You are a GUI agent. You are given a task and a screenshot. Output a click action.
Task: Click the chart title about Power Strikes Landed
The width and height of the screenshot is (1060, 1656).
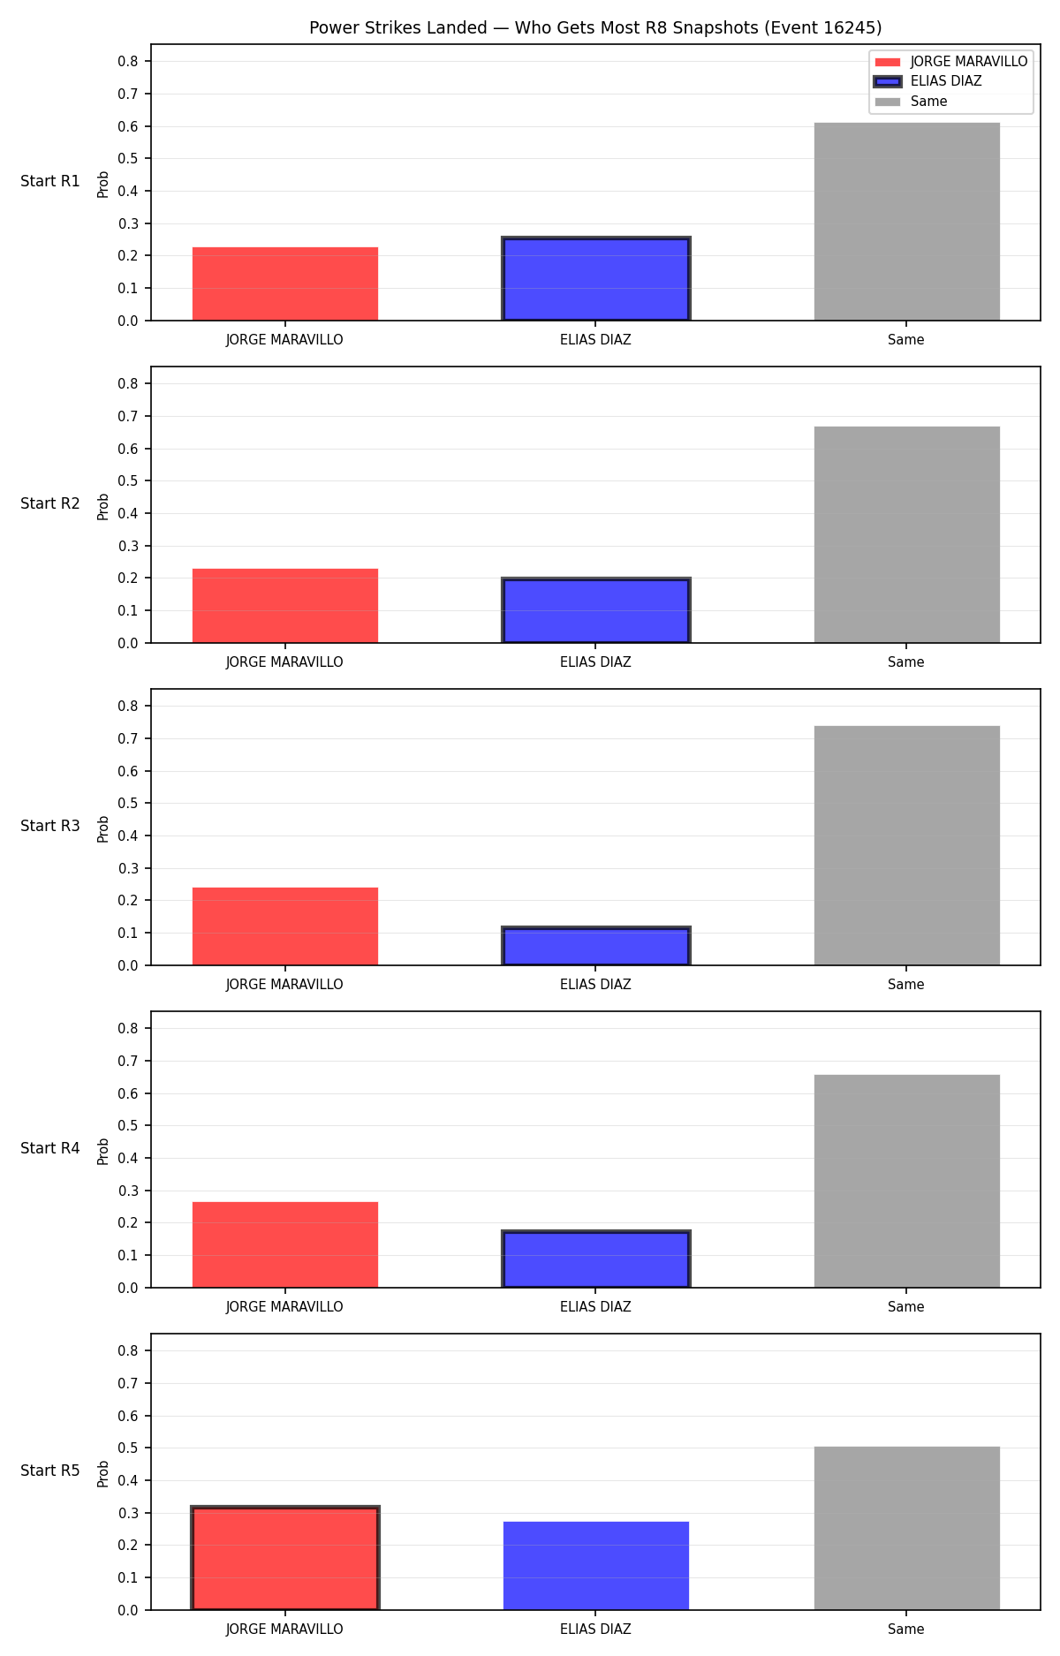595,27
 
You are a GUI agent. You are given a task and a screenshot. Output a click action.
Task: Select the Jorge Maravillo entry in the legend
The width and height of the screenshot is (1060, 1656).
950,62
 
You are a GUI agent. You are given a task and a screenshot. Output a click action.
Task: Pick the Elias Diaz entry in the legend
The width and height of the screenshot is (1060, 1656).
927,81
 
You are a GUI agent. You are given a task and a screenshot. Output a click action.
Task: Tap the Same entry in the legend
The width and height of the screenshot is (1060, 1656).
911,102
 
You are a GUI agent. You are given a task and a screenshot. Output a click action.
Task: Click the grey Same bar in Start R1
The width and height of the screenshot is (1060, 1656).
906,222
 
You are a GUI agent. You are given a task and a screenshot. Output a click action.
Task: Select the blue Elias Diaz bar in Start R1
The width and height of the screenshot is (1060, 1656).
595,279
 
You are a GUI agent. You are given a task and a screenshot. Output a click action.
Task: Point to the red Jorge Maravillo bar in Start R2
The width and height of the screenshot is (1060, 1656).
285,606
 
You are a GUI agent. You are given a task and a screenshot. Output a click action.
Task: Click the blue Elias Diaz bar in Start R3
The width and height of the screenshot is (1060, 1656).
595,946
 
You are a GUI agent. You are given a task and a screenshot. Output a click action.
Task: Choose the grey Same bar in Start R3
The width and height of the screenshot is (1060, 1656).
906,845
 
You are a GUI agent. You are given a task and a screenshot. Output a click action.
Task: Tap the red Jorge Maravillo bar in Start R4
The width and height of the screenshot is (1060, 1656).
285,1244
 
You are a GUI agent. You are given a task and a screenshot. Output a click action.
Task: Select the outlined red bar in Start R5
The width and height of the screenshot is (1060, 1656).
285,1558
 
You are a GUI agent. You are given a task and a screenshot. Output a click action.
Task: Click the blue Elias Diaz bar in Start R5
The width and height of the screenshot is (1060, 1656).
595,1566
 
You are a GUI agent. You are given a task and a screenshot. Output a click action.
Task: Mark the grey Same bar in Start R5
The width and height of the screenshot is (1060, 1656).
906,1528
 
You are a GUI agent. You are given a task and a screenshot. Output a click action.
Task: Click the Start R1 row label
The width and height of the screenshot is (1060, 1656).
50,181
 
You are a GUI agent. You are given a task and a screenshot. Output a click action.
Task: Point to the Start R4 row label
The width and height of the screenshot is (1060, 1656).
50,1148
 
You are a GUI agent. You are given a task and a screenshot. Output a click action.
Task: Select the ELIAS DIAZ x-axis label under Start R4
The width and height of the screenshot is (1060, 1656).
595,1307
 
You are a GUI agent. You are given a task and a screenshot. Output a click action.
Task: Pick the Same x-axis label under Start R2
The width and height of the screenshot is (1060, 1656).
906,662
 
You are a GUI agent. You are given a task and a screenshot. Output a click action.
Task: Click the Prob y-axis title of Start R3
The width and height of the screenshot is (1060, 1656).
103,828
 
